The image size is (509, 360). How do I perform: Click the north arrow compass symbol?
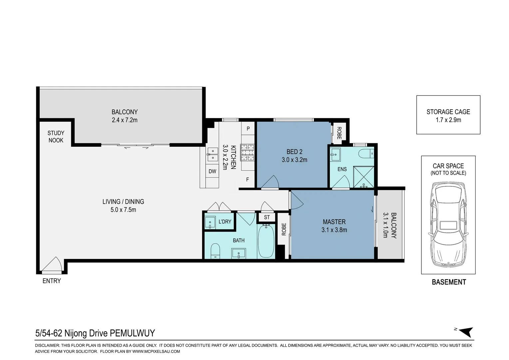466,332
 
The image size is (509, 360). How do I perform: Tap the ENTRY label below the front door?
52,281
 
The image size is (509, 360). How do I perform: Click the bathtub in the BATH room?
266,241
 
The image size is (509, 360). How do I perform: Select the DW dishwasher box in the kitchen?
213,171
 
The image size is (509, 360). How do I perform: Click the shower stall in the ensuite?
363,177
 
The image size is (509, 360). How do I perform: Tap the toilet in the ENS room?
366,154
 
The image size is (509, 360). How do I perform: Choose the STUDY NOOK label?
56,136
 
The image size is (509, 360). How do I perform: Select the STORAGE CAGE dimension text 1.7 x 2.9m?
448,120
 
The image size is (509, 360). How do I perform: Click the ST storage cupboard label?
267,217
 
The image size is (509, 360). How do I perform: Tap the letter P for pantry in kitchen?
248,129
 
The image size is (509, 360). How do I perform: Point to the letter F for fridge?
248,179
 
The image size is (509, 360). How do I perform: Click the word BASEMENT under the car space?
449,282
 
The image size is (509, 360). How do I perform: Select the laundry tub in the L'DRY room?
210,222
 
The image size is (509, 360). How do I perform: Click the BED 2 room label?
294,152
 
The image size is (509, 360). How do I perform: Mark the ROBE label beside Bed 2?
339,133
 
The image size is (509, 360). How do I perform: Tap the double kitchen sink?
213,154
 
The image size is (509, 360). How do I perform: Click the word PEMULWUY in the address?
132,333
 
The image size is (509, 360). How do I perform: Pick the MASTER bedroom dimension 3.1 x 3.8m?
334,230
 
